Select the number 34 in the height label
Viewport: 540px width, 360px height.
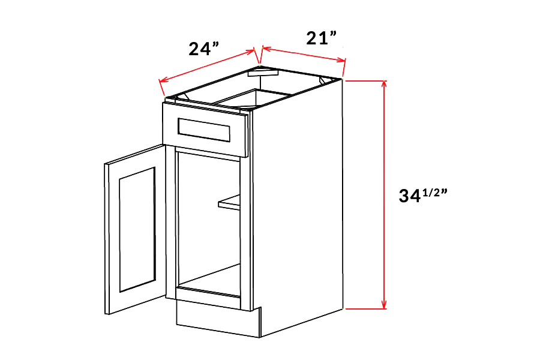(411, 196)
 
